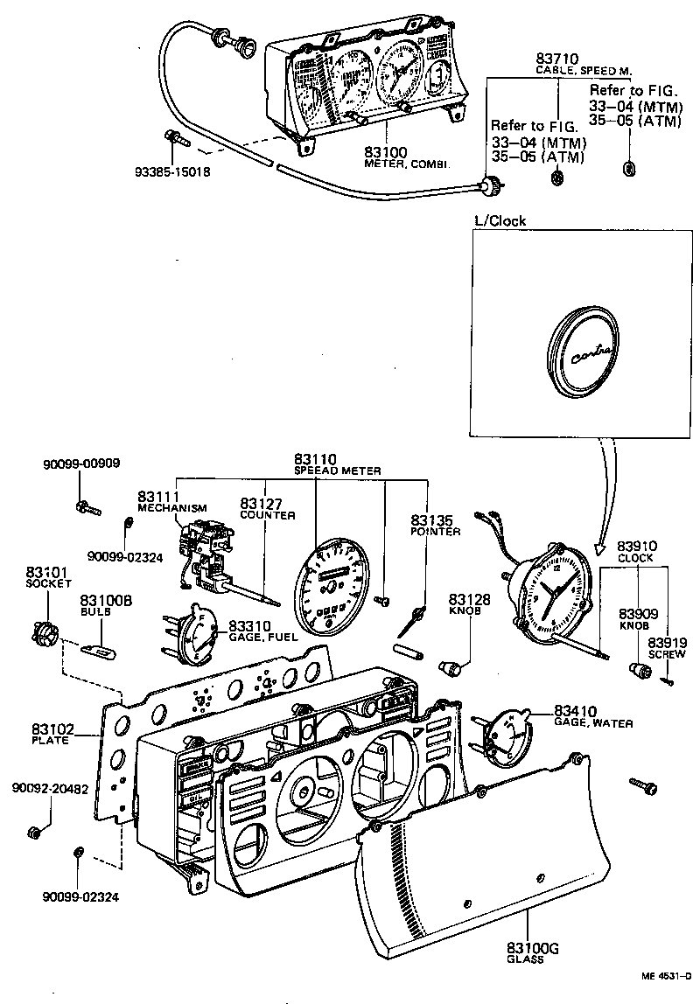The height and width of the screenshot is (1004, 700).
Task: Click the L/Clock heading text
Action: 498,220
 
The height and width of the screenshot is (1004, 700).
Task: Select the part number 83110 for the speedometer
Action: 316,458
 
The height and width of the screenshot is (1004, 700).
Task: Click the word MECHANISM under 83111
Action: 172,508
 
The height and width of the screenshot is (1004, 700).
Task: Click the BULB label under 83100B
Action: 94,612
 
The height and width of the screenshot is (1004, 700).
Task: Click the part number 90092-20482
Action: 49,787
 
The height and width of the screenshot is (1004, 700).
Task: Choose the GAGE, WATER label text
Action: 593,723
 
